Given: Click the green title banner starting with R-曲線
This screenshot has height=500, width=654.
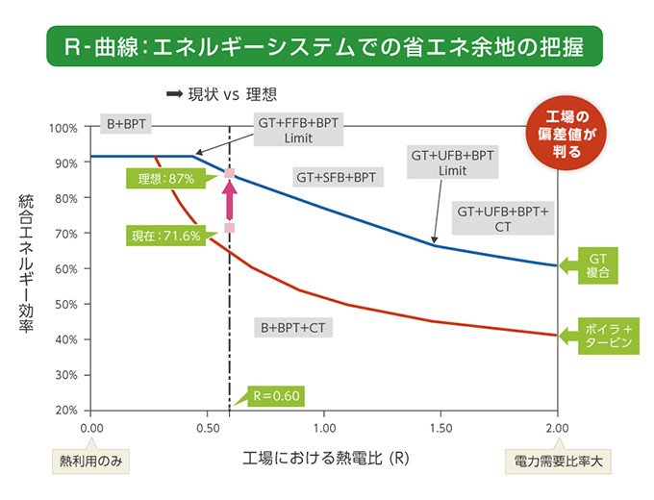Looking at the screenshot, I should pos(326,45).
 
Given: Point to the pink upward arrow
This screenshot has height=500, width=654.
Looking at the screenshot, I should pos(230,200).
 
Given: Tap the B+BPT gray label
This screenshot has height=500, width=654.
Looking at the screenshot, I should pos(126,124).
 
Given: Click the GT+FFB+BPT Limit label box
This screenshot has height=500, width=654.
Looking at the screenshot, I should pos(298,131).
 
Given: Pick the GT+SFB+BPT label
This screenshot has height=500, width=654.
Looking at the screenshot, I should pos(335,177).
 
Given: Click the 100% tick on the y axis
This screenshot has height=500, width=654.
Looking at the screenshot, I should pos(64,128).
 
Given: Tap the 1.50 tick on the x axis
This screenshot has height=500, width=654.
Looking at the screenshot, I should pos(440,426).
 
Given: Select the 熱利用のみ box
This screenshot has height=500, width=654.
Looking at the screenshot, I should pos(89,461).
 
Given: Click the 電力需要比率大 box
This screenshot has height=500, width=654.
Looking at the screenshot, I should pos(559,461).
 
